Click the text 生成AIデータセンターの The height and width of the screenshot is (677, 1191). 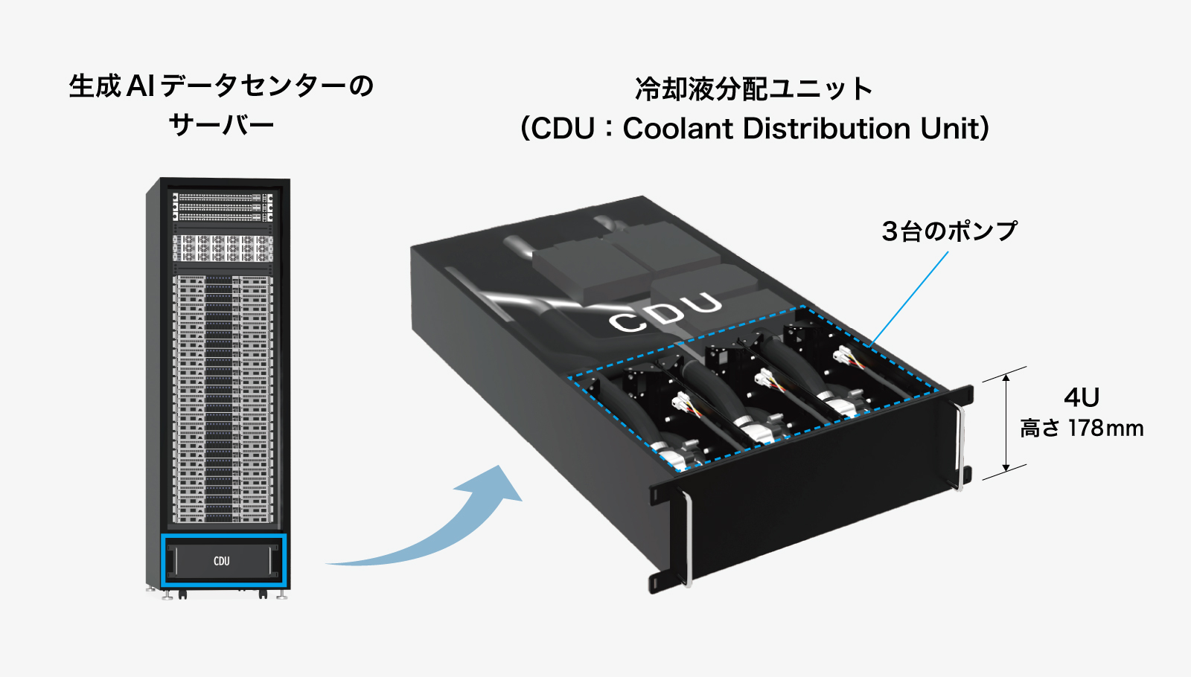coord(221,86)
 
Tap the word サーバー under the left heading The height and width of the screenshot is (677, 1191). coord(221,123)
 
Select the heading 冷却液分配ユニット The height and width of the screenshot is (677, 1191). coord(753,89)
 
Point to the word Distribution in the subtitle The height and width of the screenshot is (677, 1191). coord(826,129)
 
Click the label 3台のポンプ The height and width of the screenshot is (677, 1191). coord(949,231)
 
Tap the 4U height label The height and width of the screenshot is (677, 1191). coord(1081,397)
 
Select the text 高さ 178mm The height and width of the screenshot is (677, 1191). coord(1081,429)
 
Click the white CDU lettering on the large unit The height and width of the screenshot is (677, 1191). coord(665,312)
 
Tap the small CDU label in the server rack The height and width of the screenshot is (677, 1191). coord(222,561)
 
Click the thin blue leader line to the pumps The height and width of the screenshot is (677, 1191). coord(910,298)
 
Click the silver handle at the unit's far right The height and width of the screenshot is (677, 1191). coord(960,446)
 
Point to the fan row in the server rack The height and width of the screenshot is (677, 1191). coord(222,248)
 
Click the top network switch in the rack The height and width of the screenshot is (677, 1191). coord(222,199)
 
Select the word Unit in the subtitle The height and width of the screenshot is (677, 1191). coord(954,129)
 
